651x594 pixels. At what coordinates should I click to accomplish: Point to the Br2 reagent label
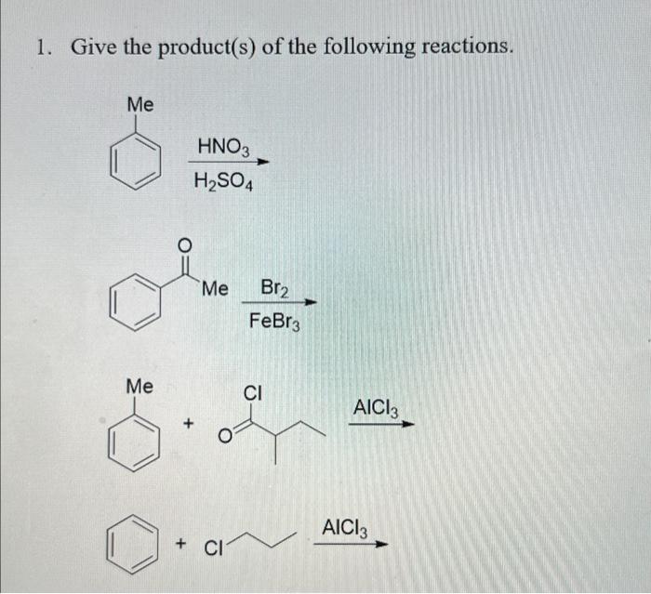point(274,290)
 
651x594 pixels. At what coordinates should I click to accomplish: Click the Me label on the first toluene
point(140,104)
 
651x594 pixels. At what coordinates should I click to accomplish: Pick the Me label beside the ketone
point(214,289)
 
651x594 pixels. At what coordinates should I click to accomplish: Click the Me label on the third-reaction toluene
point(140,385)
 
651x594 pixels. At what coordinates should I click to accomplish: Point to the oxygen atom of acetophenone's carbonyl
point(183,245)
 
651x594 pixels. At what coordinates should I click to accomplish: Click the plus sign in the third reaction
point(189,425)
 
